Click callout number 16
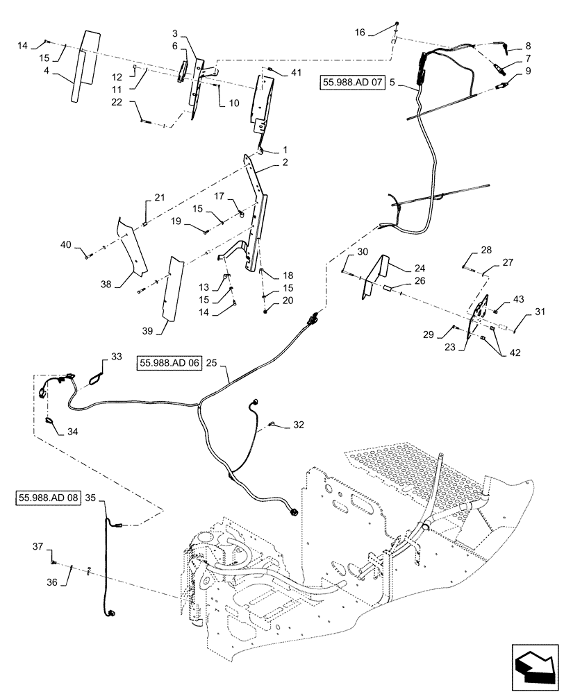359,32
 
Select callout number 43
518,298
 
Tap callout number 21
160,198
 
